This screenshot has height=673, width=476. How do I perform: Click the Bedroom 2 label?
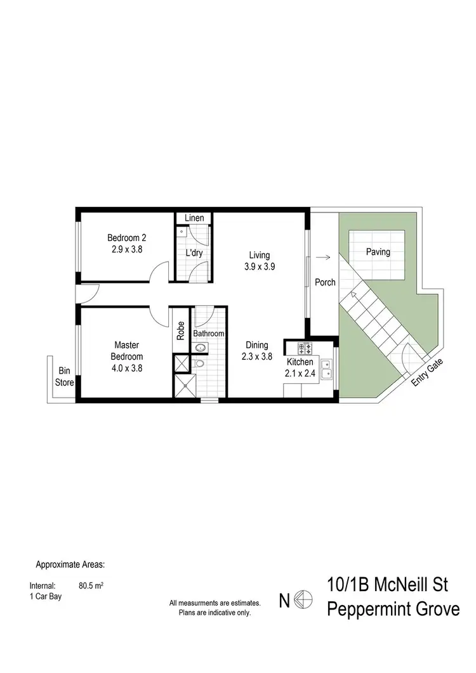point(126,238)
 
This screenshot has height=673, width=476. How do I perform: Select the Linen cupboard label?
point(194,218)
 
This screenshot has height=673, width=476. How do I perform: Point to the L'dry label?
point(194,252)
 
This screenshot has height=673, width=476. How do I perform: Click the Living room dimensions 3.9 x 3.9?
point(260,266)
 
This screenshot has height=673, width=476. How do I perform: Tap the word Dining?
point(257,346)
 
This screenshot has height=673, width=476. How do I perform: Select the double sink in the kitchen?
point(327,369)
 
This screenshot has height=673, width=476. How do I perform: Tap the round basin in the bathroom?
point(200,347)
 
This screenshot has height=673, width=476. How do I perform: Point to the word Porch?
point(325,282)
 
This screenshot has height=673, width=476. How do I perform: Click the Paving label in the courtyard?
point(378,252)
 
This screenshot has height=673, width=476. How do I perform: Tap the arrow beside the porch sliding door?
point(323,258)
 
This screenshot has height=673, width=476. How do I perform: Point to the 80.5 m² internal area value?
point(91,586)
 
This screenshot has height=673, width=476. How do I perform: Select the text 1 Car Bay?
point(46,597)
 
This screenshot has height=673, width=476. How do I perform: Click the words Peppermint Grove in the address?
point(393,609)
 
